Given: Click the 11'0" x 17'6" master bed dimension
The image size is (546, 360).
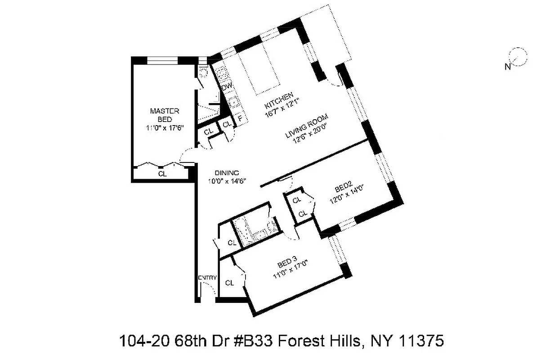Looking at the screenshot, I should coord(165,127).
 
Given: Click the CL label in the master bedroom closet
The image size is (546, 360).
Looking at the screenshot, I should coord(162,174).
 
